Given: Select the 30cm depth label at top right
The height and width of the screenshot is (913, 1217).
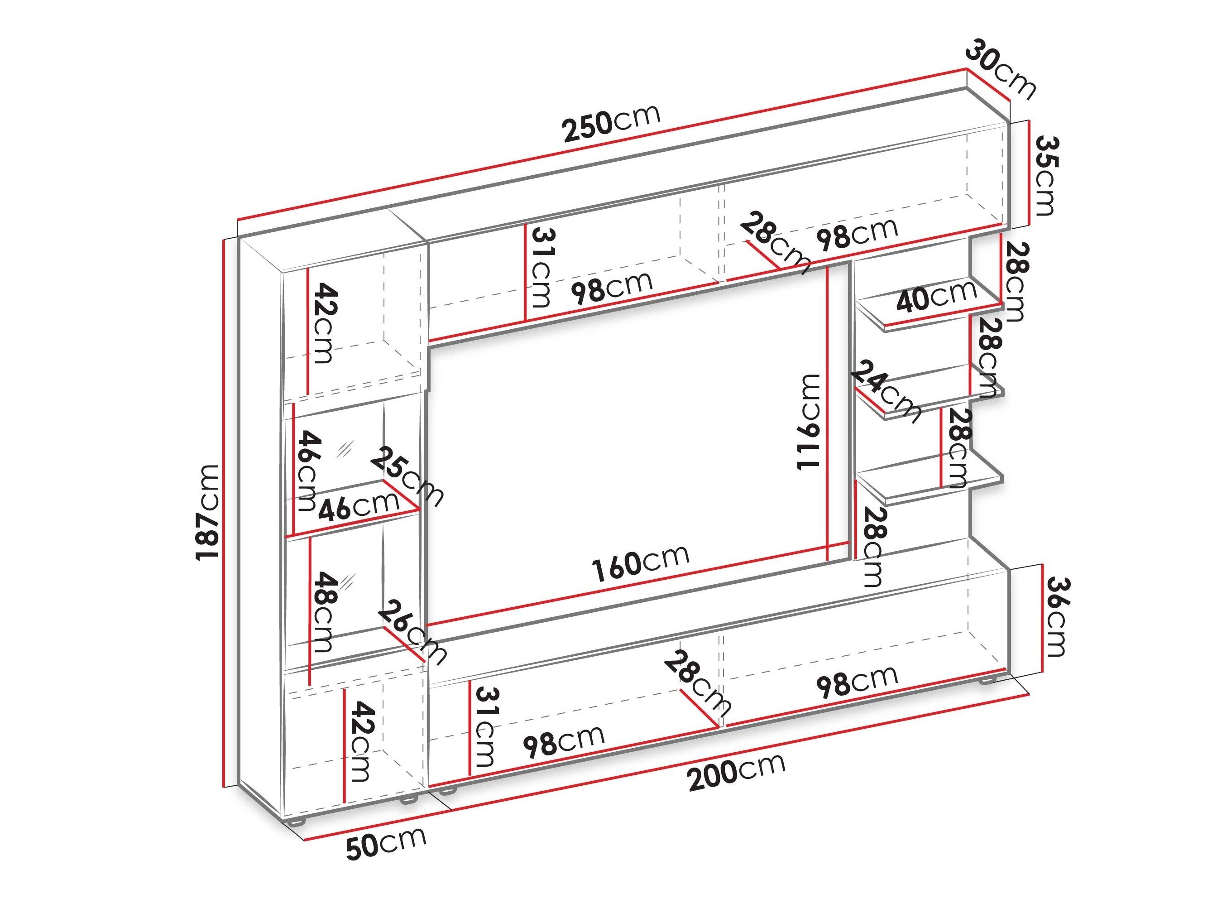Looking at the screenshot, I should coord(1000,68).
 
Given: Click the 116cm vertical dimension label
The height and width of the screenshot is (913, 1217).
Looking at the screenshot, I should coord(808,422).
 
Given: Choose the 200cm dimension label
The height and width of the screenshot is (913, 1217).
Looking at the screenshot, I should coord(737,771).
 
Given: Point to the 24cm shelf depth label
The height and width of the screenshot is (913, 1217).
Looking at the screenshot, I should coord(886,391).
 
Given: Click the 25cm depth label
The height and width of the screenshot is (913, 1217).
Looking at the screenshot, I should coord(407,476).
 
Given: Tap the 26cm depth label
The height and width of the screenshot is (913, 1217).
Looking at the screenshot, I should coord(412,632).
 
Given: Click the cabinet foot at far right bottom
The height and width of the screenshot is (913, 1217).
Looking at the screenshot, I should coord(987,681).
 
